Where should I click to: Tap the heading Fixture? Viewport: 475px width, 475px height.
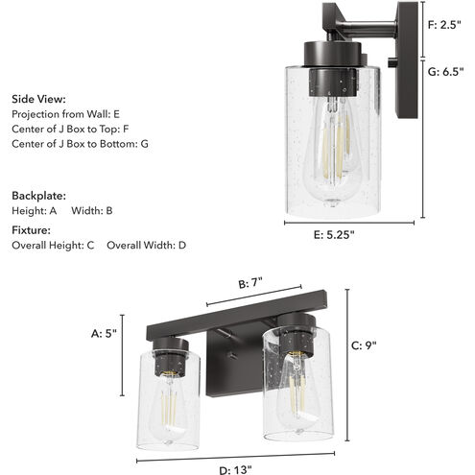pos(31,230)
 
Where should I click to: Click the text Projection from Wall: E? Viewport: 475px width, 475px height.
pos(65,113)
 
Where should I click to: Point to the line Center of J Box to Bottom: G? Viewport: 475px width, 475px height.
pos(80,144)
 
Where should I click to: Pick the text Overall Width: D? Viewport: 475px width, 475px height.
pos(146,246)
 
